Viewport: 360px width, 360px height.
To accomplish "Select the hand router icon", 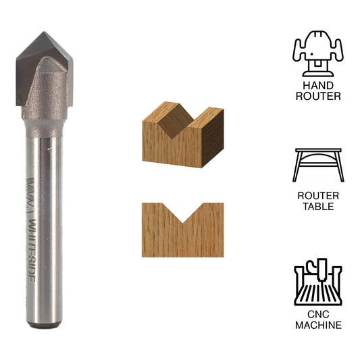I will point(318,53).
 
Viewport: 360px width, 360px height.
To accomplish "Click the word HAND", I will point(318,86).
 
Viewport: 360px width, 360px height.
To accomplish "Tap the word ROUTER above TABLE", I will point(318,196).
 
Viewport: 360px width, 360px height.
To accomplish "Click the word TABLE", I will point(318,207).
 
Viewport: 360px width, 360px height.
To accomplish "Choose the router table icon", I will point(318,164).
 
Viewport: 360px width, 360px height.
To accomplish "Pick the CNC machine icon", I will point(318,282).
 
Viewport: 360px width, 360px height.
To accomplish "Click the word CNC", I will point(318,315).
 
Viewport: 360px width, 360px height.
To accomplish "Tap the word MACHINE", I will point(318,326).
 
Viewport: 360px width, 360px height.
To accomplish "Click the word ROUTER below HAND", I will point(318,97).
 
